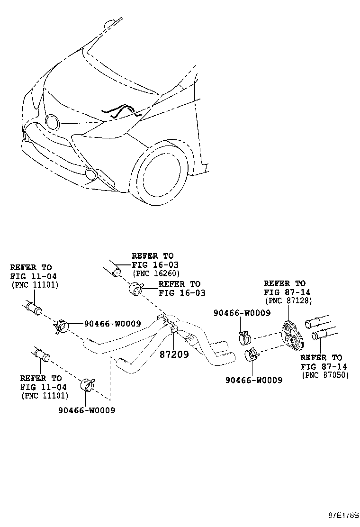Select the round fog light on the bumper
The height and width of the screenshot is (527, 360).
click(90, 174)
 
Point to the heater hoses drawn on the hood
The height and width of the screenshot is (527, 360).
click(121, 111)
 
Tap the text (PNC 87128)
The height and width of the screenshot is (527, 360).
click(288, 300)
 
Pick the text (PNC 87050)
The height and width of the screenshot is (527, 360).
click(325, 375)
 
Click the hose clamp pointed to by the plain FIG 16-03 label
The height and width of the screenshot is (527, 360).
click(135, 288)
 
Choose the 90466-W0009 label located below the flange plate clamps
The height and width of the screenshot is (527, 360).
click(254, 380)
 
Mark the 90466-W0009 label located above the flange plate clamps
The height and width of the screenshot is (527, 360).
click(242, 313)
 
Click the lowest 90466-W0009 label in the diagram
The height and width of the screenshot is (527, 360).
click(86, 410)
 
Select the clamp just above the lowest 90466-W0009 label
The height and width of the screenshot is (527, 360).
click(88, 385)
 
